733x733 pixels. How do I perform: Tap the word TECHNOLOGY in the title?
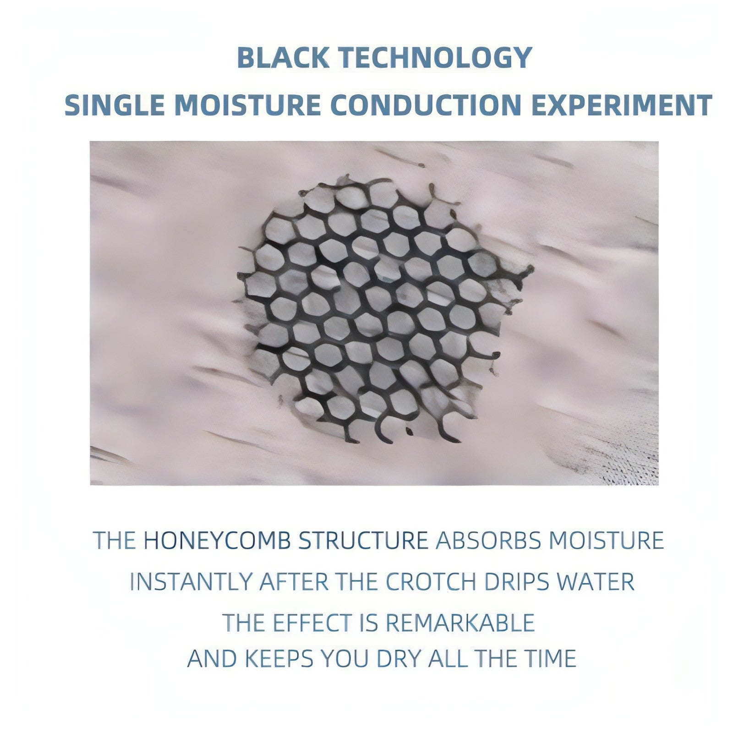pos(435,58)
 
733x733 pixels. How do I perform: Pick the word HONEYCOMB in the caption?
pos(217,541)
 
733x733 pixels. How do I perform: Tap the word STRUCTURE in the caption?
pos(363,541)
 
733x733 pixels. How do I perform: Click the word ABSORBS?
pos(488,541)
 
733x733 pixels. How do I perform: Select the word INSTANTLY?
pos(191,582)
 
